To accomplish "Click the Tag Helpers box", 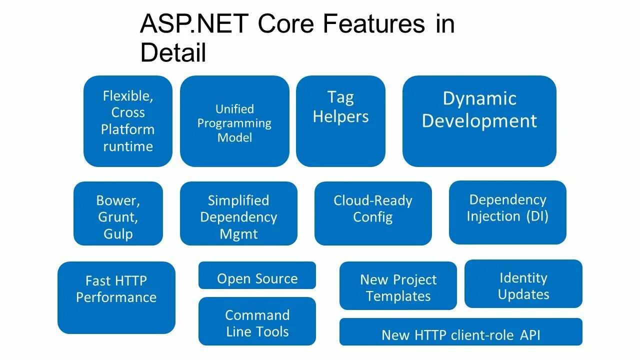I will pyautogui.click(x=340, y=121).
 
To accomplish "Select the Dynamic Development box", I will pyautogui.click(x=479, y=121).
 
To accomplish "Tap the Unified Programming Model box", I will pyautogui.click(x=234, y=121).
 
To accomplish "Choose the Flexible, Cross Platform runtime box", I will pyautogui.click(x=128, y=121).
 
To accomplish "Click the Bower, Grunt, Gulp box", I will pyautogui.click(x=118, y=213).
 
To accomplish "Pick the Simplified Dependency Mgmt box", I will pyautogui.click(x=238, y=213).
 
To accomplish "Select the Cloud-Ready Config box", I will pyautogui.click(x=373, y=213).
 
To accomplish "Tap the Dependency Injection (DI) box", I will pyautogui.click(x=507, y=212).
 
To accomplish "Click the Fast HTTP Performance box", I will pyautogui.click(x=116, y=297).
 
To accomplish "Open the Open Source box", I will pyautogui.click(x=257, y=275).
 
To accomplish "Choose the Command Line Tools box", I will pyautogui.click(x=257, y=321).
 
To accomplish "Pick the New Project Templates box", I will pyautogui.click(x=398, y=285).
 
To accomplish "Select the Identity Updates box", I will pyautogui.click(x=523, y=284).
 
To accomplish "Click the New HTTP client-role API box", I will pyautogui.click(x=461, y=332).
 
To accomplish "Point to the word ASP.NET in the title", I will pyautogui.click(x=194, y=24).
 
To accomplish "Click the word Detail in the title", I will pyautogui.click(x=173, y=52).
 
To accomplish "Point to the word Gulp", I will pyautogui.click(x=118, y=234).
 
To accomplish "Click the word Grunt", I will pyautogui.click(x=118, y=217).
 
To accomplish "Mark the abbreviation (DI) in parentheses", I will pyautogui.click(x=536, y=216).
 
